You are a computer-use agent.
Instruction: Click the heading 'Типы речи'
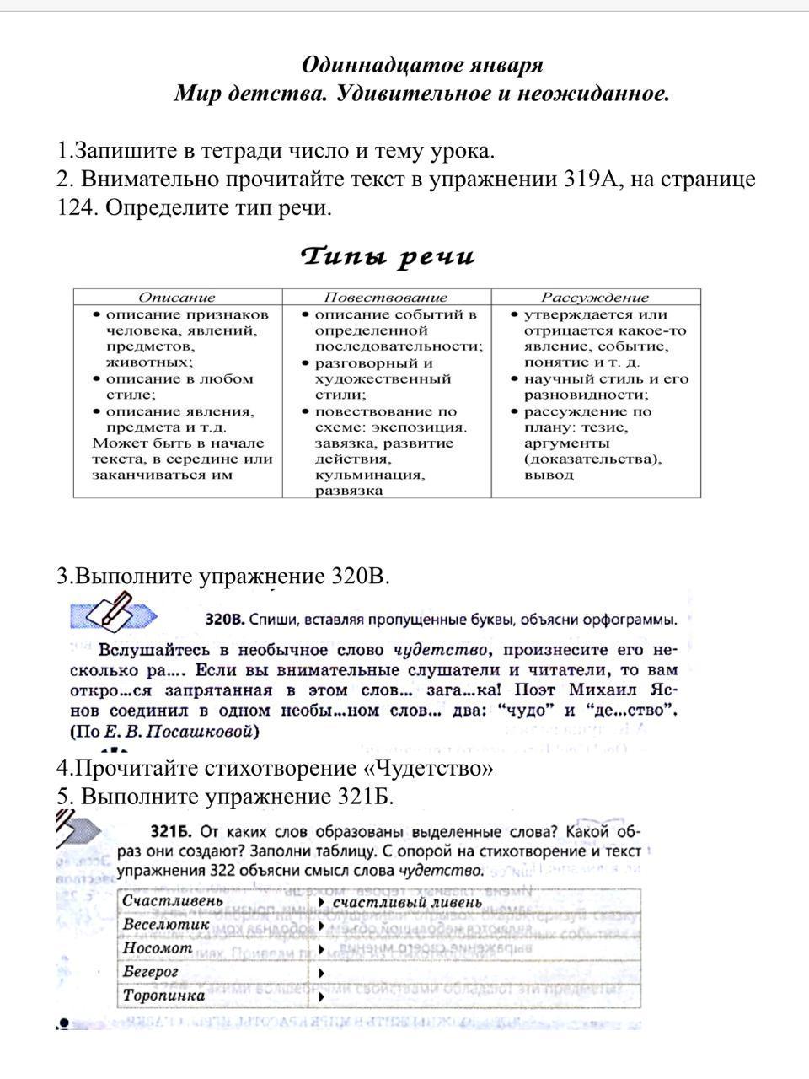click(388, 256)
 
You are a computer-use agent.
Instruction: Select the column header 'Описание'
click(177, 297)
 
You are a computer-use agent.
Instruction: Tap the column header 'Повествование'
click(386, 297)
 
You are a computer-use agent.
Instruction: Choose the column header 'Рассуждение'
click(595, 297)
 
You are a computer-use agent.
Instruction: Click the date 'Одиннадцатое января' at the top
click(422, 65)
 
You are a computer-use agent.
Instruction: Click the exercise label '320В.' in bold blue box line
click(225, 620)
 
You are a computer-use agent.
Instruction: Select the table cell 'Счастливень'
click(173, 900)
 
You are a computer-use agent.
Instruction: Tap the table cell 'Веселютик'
click(166, 924)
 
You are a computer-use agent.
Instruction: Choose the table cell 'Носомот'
click(158, 947)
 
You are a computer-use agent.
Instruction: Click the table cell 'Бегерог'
click(151, 971)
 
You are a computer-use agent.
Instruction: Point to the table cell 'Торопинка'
click(163, 996)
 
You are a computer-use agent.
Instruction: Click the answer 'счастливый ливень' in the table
click(407, 902)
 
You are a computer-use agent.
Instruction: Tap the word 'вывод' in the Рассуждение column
click(549, 475)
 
